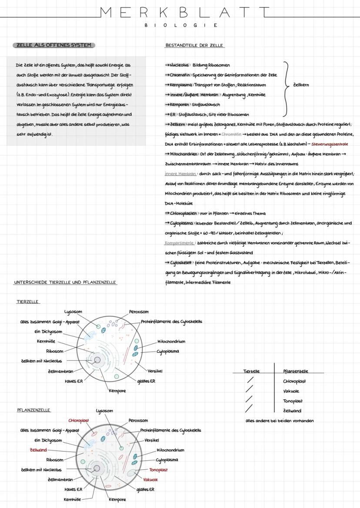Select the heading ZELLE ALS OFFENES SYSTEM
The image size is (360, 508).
53,46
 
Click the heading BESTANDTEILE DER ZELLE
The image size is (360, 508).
194,46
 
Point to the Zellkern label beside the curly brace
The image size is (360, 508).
301,85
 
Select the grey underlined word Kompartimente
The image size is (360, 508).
179,243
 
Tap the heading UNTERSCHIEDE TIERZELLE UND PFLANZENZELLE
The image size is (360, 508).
65,282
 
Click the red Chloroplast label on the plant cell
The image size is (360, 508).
79,421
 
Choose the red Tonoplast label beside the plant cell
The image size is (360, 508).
158,470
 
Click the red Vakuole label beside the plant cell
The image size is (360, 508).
150,480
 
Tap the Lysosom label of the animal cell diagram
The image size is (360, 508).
73,312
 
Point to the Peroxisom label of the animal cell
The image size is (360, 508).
139,312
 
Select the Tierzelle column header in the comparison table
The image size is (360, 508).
251,372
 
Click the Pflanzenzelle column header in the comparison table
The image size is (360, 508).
295,372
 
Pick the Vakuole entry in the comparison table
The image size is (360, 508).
291,391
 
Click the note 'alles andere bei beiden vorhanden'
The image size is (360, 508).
279,421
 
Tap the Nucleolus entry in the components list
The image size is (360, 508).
178,65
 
